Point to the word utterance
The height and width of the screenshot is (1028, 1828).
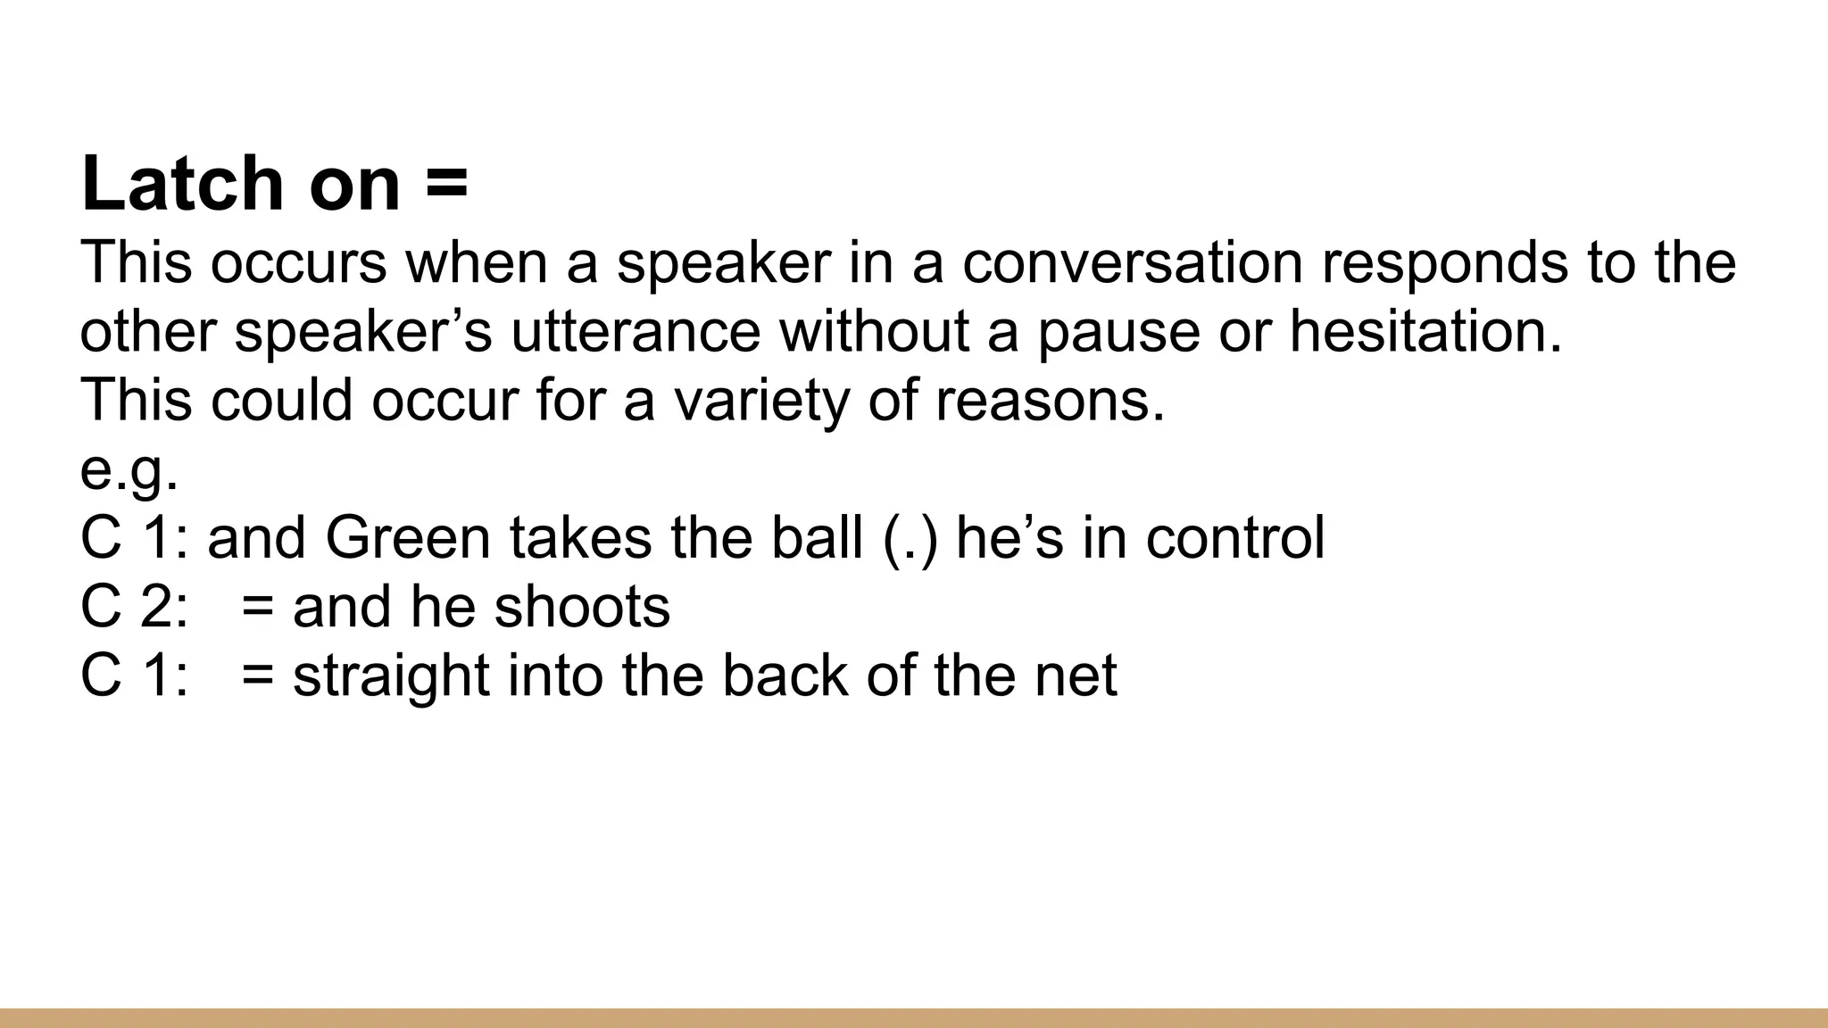(636, 331)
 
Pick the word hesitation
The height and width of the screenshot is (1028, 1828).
(1425, 331)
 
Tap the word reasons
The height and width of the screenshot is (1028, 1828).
(1050, 401)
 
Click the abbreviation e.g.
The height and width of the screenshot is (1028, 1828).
(129, 470)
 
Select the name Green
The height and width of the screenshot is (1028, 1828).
(408, 538)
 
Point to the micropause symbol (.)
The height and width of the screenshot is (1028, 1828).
(910, 539)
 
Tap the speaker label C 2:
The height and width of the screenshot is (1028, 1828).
(134, 607)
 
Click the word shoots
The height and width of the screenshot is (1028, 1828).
(582, 607)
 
